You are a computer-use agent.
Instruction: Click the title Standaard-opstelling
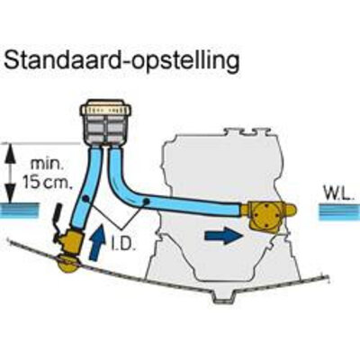121,61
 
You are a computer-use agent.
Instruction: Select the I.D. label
122,245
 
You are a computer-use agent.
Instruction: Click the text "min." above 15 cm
45,165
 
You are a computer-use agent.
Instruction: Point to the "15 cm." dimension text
48,183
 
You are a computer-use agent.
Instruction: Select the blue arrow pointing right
224,235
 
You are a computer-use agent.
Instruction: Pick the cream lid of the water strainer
105,108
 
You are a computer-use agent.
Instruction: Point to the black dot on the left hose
85,198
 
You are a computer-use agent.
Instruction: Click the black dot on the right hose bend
146,201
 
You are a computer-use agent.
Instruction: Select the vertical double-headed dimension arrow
11,174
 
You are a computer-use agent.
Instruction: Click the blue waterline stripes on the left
20,210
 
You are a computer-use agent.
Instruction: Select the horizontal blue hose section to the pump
195,206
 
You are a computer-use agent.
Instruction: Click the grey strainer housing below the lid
105,130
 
